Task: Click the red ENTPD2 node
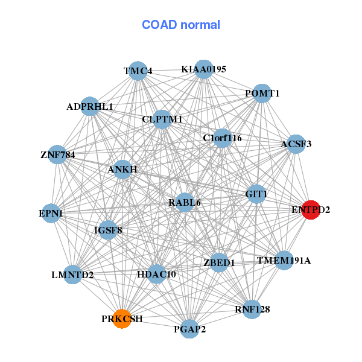coord(310,209)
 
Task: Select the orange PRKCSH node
coord(122,319)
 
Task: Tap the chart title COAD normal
coord(181,25)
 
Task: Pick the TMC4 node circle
coord(138,71)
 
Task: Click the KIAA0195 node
coord(204,69)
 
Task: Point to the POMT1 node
coord(262,94)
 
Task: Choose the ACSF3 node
coord(296,144)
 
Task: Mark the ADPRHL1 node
coord(90,106)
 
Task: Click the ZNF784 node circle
coord(57,154)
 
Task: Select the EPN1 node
coord(51,213)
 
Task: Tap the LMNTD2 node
coord(72,275)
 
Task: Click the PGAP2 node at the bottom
coord(189,329)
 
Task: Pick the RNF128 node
coord(252,310)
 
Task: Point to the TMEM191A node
coord(284,261)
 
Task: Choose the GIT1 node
coord(256,194)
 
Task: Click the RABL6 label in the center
coord(185,203)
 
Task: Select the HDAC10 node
coord(156,274)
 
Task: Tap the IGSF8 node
coord(108,229)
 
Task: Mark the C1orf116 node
coord(222,138)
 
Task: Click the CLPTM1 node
coord(162,119)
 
